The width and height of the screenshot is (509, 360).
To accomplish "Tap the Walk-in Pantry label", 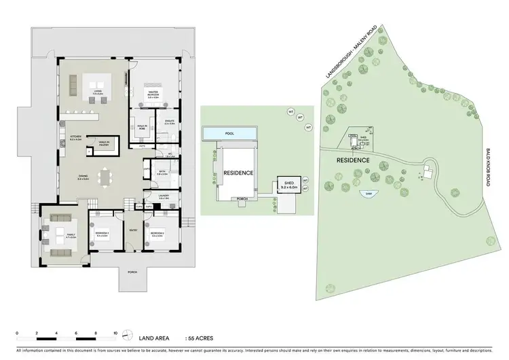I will tap(103, 143).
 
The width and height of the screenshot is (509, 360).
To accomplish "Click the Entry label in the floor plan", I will tap(132, 231).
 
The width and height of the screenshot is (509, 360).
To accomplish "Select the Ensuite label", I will tap(170, 122).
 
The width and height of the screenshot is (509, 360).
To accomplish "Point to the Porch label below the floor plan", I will tap(132, 272).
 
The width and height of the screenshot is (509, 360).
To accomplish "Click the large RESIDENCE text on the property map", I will tap(353, 160).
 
